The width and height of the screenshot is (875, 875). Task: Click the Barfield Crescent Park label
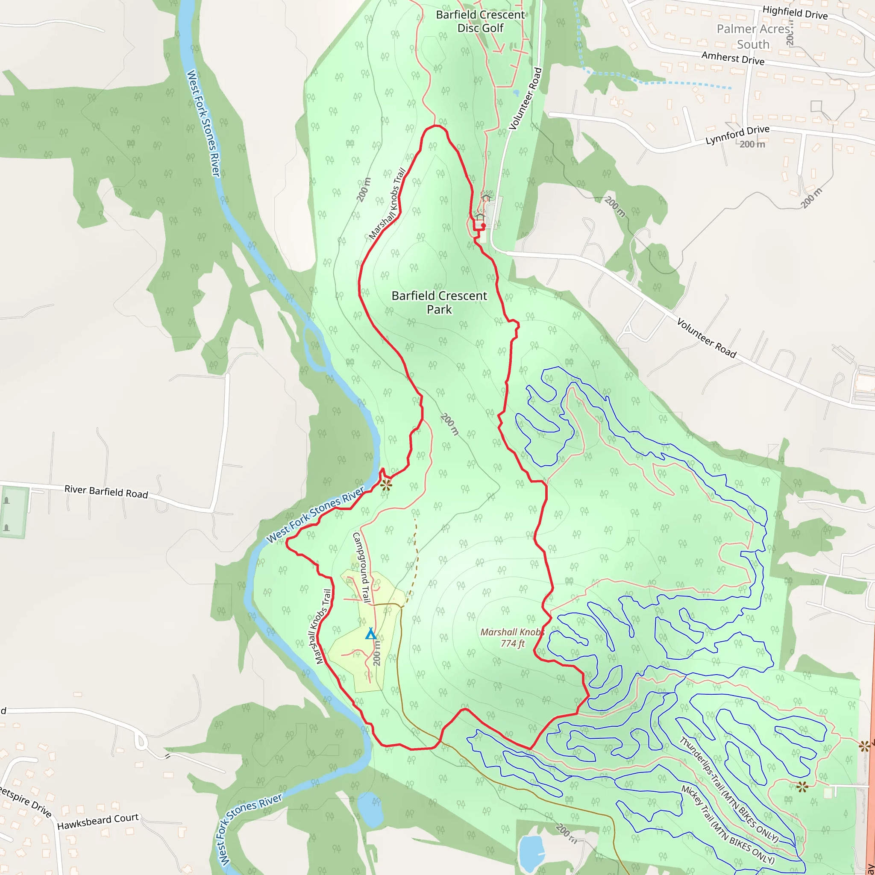tap(439, 302)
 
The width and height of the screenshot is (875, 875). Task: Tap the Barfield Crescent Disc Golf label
tap(480, 21)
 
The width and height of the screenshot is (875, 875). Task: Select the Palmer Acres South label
tap(753, 37)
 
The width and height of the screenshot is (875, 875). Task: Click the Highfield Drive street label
tap(795, 13)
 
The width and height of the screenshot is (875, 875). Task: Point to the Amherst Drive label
tap(732, 59)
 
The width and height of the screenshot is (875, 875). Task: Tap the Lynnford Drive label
tap(737, 135)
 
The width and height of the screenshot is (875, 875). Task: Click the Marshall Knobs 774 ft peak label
tap(512, 637)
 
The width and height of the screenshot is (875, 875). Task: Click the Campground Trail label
tap(361, 567)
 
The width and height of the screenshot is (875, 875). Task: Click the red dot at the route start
tap(483, 226)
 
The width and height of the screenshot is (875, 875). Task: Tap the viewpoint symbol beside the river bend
tap(386, 485)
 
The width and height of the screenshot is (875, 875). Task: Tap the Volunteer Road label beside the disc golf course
tap(526, 99)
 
